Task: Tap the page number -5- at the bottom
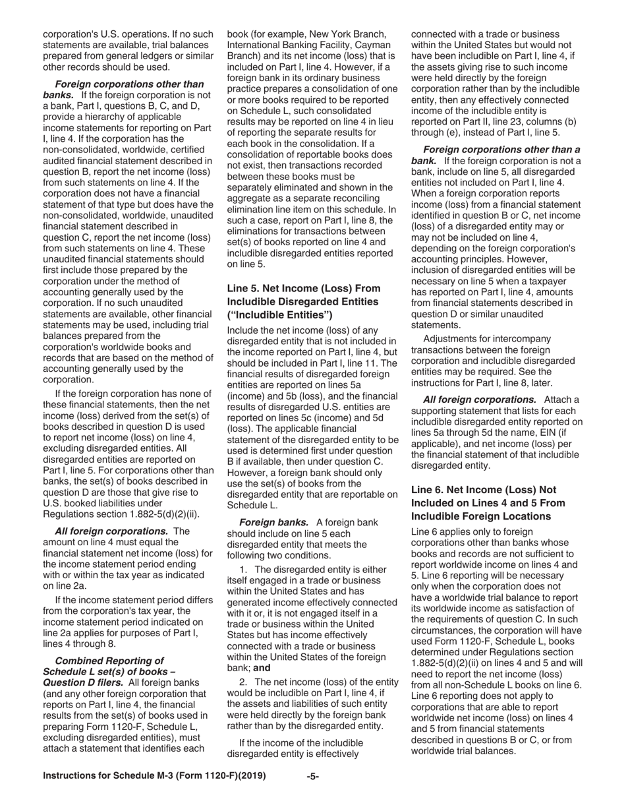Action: coord(313,776)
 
